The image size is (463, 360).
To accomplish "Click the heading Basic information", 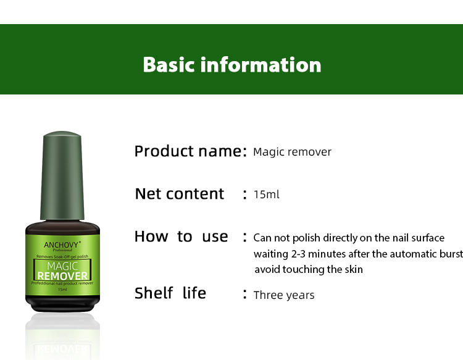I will (x=231, y=65).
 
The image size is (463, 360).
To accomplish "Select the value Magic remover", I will (x=292, y=152).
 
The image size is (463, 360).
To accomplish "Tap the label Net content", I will (x=180, y=194).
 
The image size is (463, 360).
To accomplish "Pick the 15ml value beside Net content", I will (x=266, y=195).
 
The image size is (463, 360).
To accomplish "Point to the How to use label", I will (x=181, y=237).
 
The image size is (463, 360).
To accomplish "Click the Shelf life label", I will (x=170, y=293).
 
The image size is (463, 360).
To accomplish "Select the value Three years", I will (x=284, y=295).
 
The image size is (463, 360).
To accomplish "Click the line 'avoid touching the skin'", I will (x=309, y=269).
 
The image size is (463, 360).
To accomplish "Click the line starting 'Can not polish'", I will (x=349, y=238).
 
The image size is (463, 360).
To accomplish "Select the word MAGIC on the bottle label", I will (x=62, y=266).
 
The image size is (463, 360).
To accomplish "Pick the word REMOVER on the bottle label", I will (x=62, y=275).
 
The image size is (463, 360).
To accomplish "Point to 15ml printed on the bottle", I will (x=62, y=289).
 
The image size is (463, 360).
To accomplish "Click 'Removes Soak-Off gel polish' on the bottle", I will (x=62, y=256).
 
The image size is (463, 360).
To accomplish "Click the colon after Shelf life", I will (x=245, y=294).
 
